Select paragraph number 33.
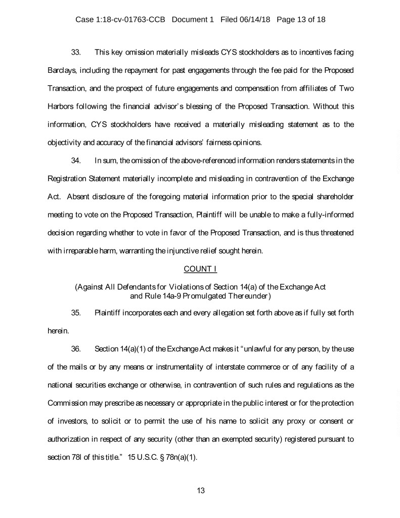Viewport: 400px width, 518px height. click(x=77, y=52)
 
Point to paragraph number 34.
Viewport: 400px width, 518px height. click(x=77, y=161)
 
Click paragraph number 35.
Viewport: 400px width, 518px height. click(x=77, y=312)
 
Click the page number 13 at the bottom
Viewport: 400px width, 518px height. click(x=200, y=490)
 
